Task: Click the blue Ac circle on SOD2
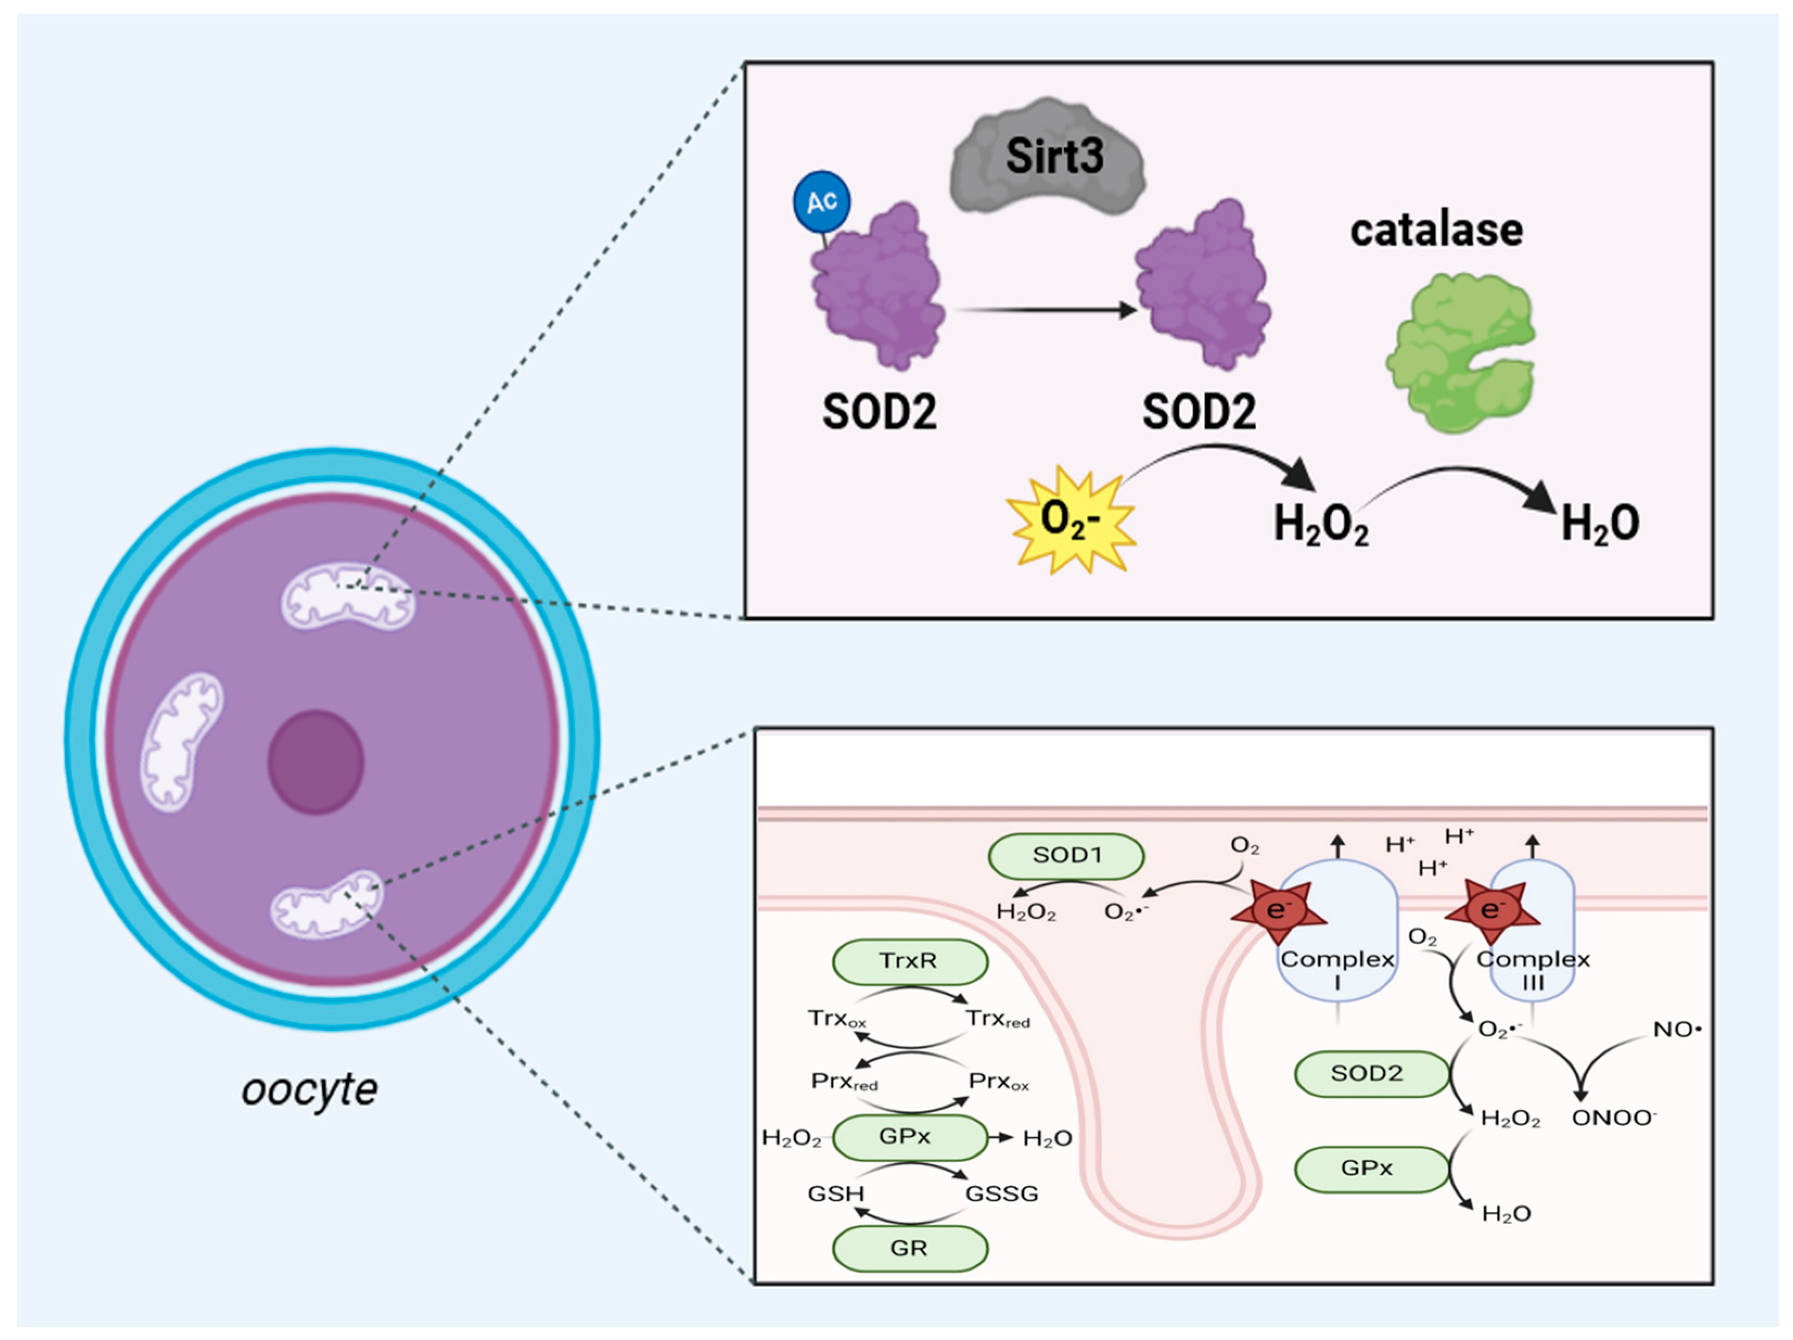[x=821, y=201]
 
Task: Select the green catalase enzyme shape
[x=1459, y=353]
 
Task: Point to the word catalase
[x=1436, y=230]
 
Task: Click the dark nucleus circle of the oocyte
[x=316, y=762]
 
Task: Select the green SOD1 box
[x=1066, y=855]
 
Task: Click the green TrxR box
[x=910, y=961]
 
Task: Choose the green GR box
[x=910, y=1248]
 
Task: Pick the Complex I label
[x=1337, y=969]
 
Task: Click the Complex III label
[x=1533, y=969]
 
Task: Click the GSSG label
[x=1001, y=1194]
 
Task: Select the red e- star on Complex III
[x=1491, y=910]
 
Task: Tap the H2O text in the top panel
[x=1599, y=524]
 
